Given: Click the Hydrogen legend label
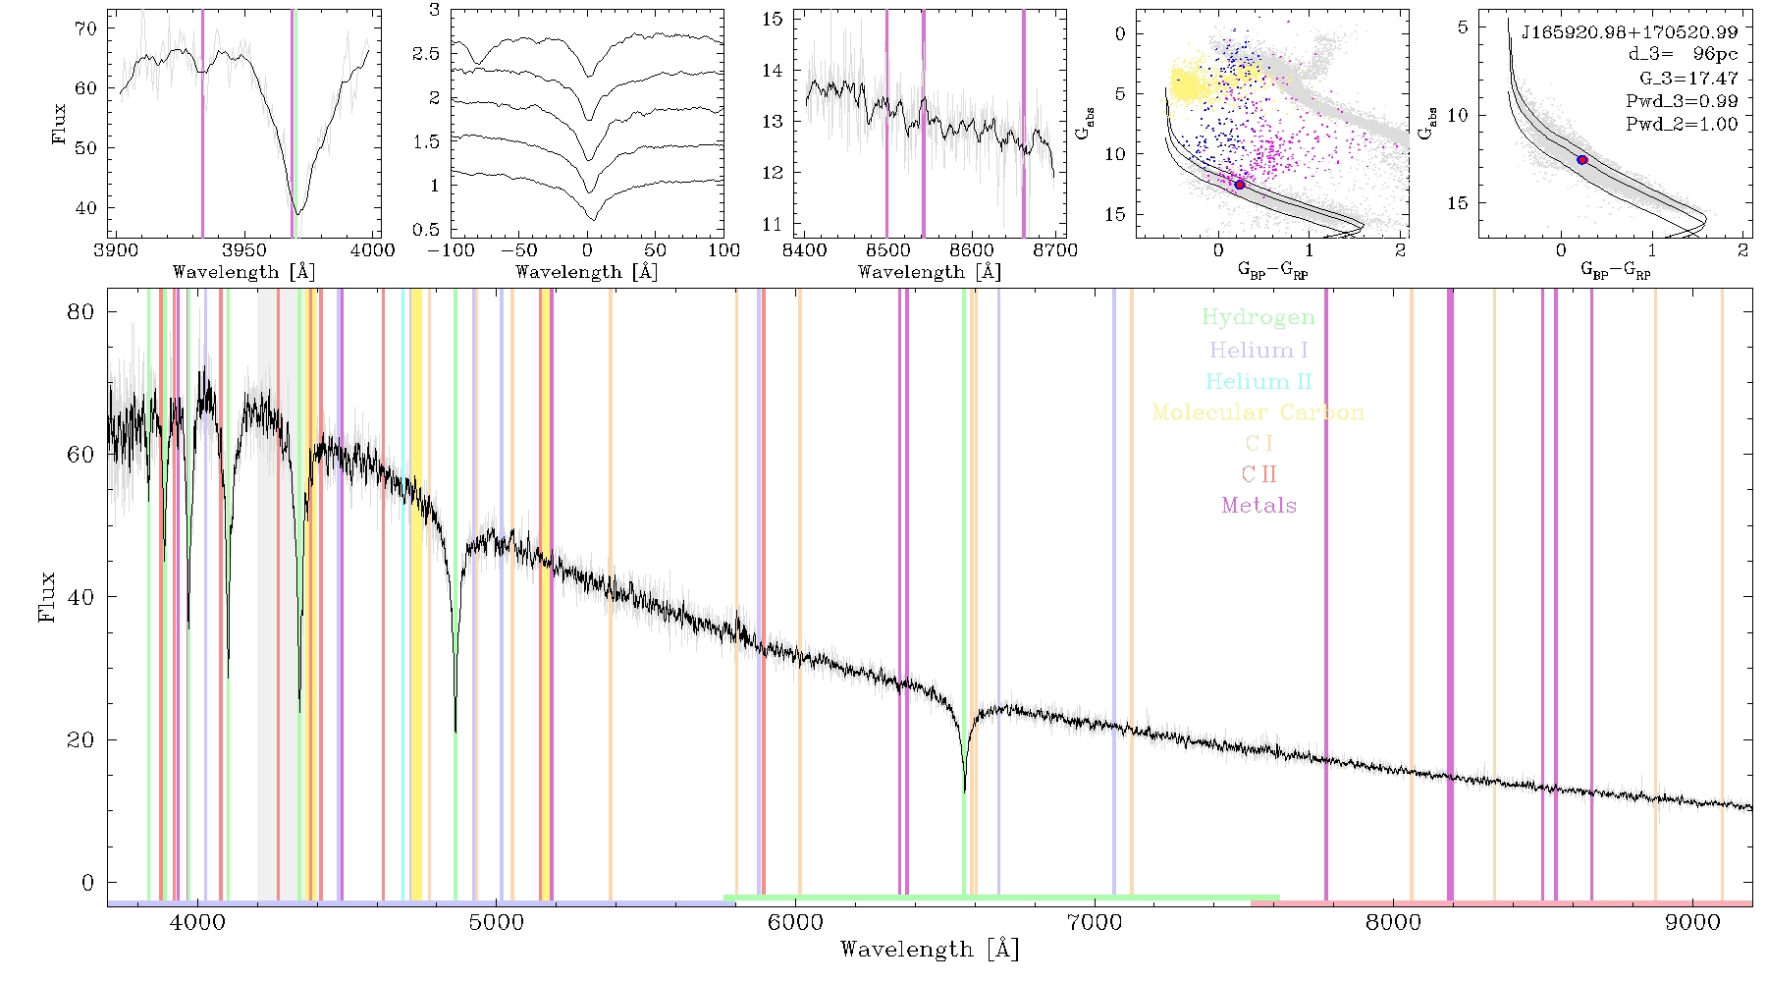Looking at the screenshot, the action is coord(1258,317).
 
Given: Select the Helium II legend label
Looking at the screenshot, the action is coord(1258,381).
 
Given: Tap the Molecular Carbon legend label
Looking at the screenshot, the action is coord(1258,412).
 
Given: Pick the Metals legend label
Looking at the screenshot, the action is coord(1258,506).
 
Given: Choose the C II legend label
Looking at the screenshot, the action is coord(1258,474).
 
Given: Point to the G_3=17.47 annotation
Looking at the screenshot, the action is coord(1688,78).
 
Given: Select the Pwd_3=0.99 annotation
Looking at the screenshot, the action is coord(1682,101).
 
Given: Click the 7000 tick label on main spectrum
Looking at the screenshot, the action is coord(1094,922).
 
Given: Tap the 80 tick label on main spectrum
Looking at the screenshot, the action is coord(80,312).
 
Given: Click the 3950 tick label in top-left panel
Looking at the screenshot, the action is coord(244,249).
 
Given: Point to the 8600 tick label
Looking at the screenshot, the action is coord(972,249).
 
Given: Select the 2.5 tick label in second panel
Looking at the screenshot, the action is coord(426,54).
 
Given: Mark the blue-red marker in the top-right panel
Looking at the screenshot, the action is coord(1581,159).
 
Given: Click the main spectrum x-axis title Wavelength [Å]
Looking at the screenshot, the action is coord(930,950).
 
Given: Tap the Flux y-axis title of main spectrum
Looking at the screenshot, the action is coord(47,597).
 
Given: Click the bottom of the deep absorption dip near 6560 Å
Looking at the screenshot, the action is coord(965,791).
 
